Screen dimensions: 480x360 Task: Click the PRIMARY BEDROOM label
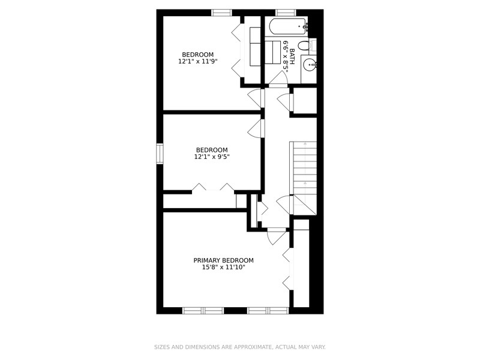coord(223,260)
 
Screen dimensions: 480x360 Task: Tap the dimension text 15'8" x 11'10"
coord(223,267)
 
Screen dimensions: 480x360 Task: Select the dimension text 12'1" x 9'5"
coord(212,157)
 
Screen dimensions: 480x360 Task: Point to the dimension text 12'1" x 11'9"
coord(198,61)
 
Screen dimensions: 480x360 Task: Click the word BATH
coord(292,56)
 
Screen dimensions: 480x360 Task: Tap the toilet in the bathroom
coord(304,46)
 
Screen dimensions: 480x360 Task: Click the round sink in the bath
coord(310,65)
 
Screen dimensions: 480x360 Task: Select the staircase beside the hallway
coord(304,178)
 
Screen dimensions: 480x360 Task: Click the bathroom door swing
coord(278,78)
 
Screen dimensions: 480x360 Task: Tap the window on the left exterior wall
coord(160,154)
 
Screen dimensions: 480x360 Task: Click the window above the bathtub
coord(286,13)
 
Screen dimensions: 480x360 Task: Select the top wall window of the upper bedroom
coord(221,13)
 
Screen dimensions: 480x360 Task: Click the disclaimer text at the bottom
coord(239,347)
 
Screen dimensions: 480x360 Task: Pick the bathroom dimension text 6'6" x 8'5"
coord(286,56)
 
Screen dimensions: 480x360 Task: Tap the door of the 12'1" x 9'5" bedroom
coord(256,128)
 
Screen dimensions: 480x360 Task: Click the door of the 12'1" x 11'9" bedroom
coord(256,98)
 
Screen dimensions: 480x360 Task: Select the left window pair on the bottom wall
coord(203,311)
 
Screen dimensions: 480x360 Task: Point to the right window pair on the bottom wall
coord(268,311)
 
